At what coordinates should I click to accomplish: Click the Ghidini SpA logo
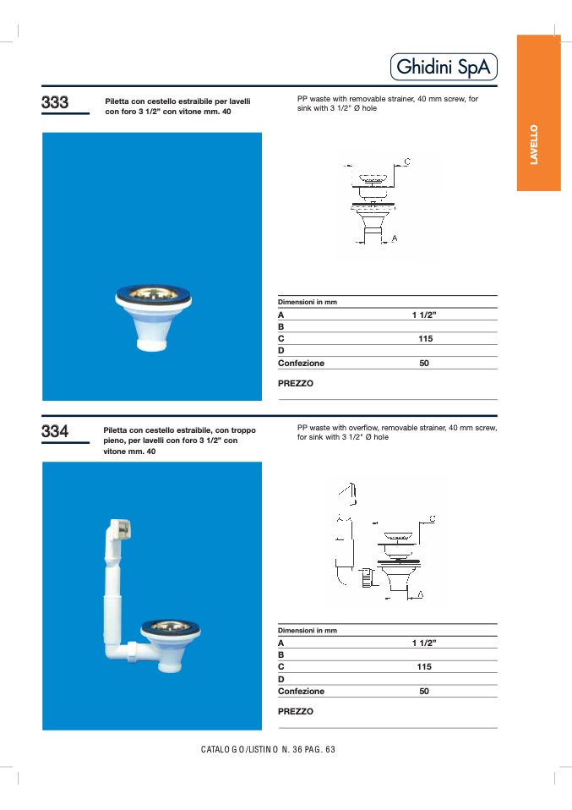(x=444, y=68)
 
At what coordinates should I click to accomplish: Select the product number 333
(x=55, y=103)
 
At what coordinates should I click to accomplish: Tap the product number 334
(x=55, y=432)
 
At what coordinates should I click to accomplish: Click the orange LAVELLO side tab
(x=538, y=144)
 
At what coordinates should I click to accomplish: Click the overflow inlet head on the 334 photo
(x=118, y=530)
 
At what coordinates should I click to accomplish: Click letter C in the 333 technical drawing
(x=406, y=161)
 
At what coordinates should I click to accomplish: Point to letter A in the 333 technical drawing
(x=394, y=239)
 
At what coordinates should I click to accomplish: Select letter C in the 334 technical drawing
(x=432, y=517)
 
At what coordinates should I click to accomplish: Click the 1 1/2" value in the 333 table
(x=424, y=315)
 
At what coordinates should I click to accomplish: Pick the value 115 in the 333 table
(x=425, y=338)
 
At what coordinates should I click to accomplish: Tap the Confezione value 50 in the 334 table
(x=424, y=691)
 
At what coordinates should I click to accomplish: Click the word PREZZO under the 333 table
(x=296, y=383)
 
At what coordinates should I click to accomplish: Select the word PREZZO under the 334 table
(x=296, y=711)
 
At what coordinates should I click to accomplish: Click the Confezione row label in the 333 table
(x=301, y=363)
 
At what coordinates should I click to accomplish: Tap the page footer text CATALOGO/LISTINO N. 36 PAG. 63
(x=269, y=749)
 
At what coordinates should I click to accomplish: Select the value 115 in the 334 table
(x=424, y=666)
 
